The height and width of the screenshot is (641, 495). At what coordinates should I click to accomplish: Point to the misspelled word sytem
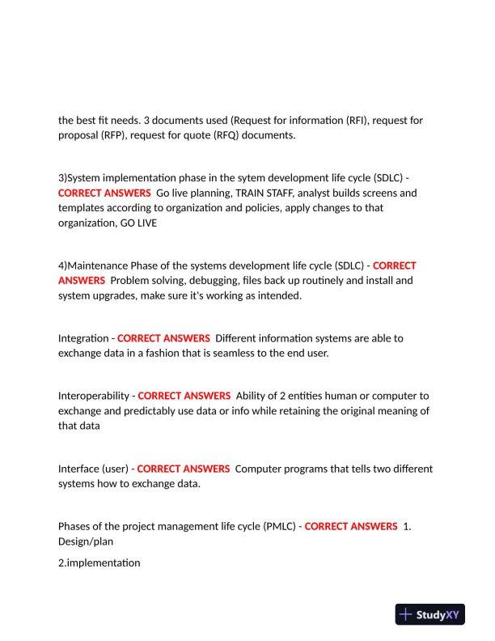coord(235,177)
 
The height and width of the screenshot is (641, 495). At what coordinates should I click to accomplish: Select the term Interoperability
coord(93,396)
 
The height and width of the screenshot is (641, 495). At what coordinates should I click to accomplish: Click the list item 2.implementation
coord(99,562)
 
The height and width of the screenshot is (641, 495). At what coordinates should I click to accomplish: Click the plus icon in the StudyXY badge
coord(406,615)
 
